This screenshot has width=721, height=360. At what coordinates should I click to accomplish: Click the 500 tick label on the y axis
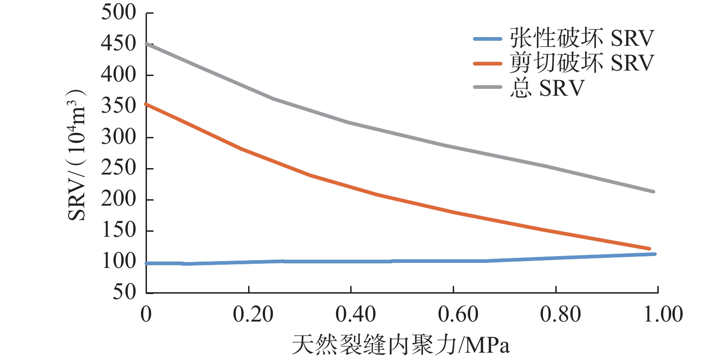click(x=118, y=12)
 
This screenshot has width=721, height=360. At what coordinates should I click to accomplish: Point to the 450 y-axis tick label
click(x=118, y=44)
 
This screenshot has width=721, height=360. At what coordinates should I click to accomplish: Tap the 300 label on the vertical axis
click(x=118, y=137)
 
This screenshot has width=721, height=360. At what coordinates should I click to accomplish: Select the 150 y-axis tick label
click(x=118, y=230)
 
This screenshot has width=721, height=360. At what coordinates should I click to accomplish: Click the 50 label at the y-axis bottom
click(x=124, y=292)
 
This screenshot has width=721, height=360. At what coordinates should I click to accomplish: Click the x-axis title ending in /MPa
click(x=401, y=344)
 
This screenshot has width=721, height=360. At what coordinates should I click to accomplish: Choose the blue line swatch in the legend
click(x=488, y=39)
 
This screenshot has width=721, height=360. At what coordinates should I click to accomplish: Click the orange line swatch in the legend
click(x=488, y=63)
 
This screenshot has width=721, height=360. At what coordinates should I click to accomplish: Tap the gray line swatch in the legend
click(x=488, y=87)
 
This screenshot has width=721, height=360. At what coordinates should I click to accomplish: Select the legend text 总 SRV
click(x=547, y=87)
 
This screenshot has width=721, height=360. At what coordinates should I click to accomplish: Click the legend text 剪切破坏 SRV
click(x=581, y=63)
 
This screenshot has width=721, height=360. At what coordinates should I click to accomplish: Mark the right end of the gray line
click(x=653, y=191)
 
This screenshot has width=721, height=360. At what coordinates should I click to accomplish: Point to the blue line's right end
click(x=655, y=254)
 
